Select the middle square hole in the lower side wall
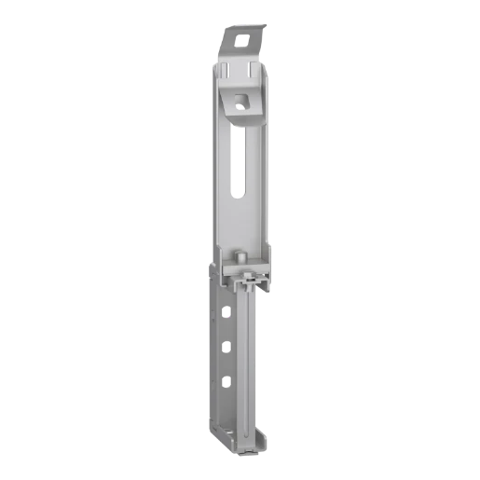226,346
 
